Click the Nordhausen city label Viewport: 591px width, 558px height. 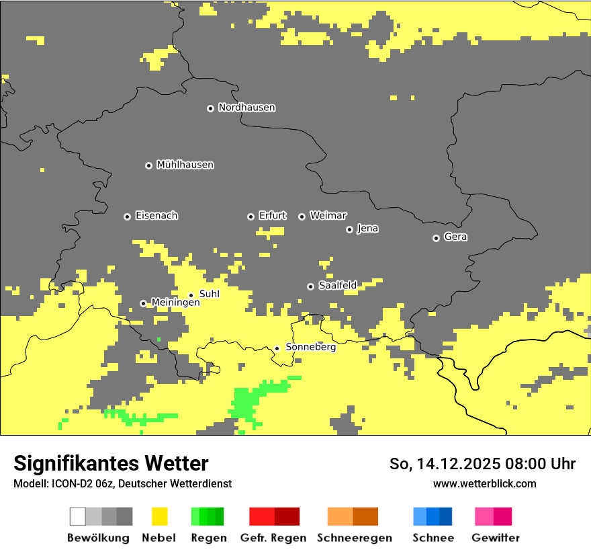click(246, 108)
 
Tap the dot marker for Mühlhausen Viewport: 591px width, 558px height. click(148, 165)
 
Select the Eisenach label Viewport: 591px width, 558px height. click(156, 216)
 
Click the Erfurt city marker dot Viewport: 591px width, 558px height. click(251, 216)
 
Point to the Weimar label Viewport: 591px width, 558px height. click(328, 216)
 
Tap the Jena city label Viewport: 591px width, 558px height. click(367, 229)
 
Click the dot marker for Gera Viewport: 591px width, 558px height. click(436, 238)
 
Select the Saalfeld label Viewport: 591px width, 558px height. click(337, 286)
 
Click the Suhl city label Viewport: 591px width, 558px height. click(209, 294)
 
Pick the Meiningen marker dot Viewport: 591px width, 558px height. click(143, 303)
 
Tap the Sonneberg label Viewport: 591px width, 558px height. click(310, 348)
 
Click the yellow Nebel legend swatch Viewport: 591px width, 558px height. click(160, 516)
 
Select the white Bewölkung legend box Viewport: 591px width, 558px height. click(78, 516)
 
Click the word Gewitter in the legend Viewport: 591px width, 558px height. click(495, 538)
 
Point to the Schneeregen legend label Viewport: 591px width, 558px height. click(355, 538)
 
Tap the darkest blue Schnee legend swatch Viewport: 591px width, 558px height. click(445, 516)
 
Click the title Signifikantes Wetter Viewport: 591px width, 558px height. click(111, 463)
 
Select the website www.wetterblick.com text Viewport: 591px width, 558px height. click(484, 483)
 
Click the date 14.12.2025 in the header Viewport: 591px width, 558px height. click(453, 464)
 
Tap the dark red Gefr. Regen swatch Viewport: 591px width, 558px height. click(287, 516)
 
